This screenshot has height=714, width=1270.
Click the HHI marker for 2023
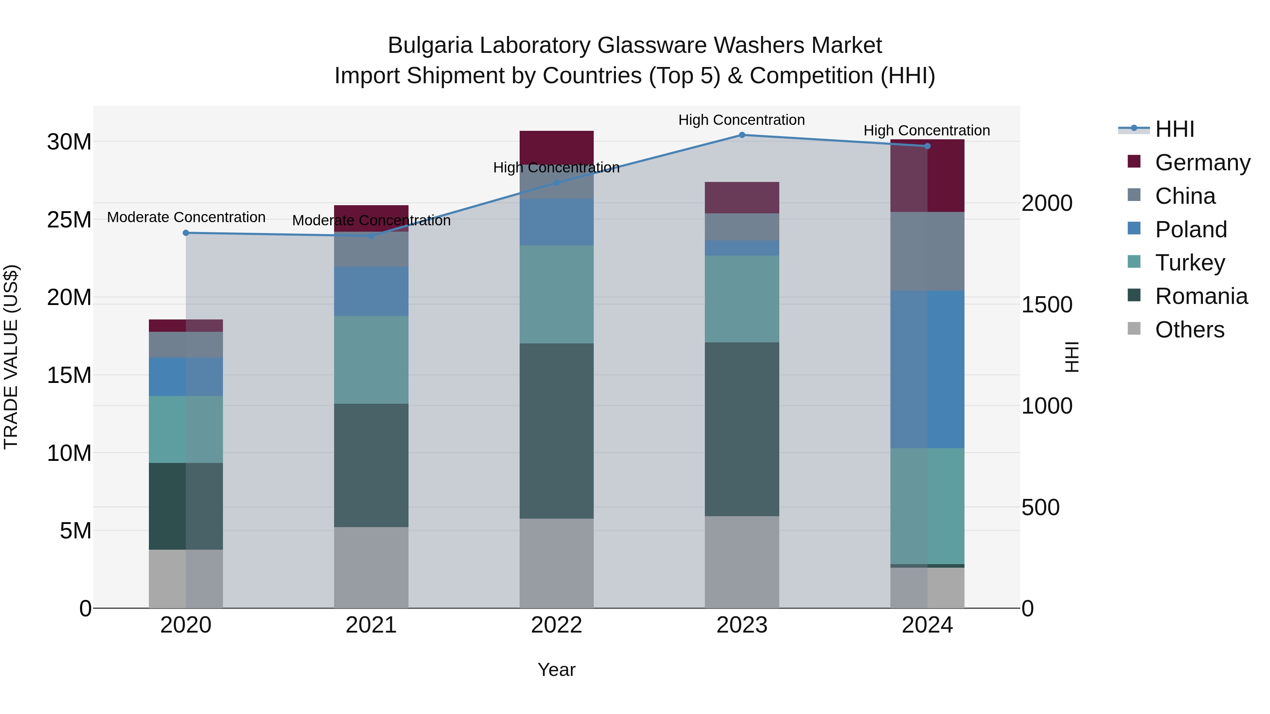(742, 135)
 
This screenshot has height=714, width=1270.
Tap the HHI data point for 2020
(186, 233)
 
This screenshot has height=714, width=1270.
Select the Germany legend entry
(1202, 162)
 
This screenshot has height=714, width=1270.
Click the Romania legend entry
(1201, 296)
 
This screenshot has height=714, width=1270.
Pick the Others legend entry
(1189, 330)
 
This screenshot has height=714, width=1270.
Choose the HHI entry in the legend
(1174, 129)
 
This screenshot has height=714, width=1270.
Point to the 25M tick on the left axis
(69, 220)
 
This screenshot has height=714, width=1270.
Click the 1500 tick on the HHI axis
(1046, 305)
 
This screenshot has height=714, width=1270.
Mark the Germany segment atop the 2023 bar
(742, 197)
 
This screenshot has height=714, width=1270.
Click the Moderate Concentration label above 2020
(186, 217)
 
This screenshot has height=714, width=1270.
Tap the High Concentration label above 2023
(742, 120)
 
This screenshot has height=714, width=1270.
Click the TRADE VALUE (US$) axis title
(11, 357)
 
